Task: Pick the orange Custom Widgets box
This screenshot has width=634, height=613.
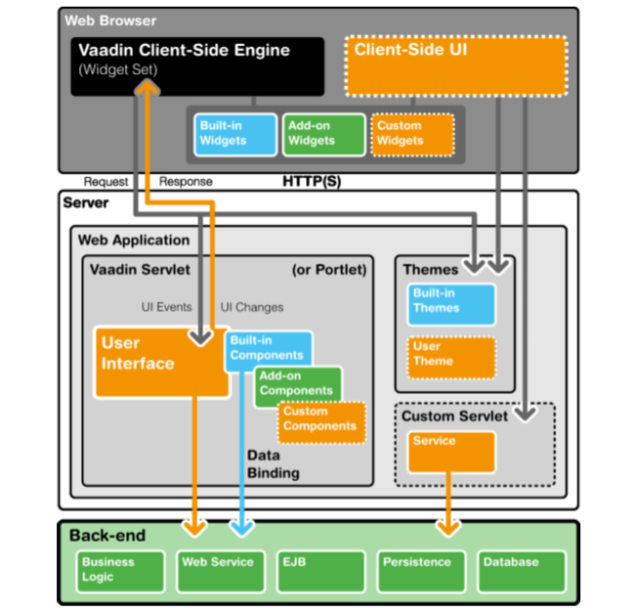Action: coord(411,134)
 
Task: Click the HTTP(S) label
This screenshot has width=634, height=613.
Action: coord(312,182)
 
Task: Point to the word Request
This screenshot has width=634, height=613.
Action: coord(106,182)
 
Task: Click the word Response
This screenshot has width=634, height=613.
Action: coord(186,182)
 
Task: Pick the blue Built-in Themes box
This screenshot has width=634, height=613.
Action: coord(450,304)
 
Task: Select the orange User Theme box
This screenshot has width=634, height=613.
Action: coord(450,358)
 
